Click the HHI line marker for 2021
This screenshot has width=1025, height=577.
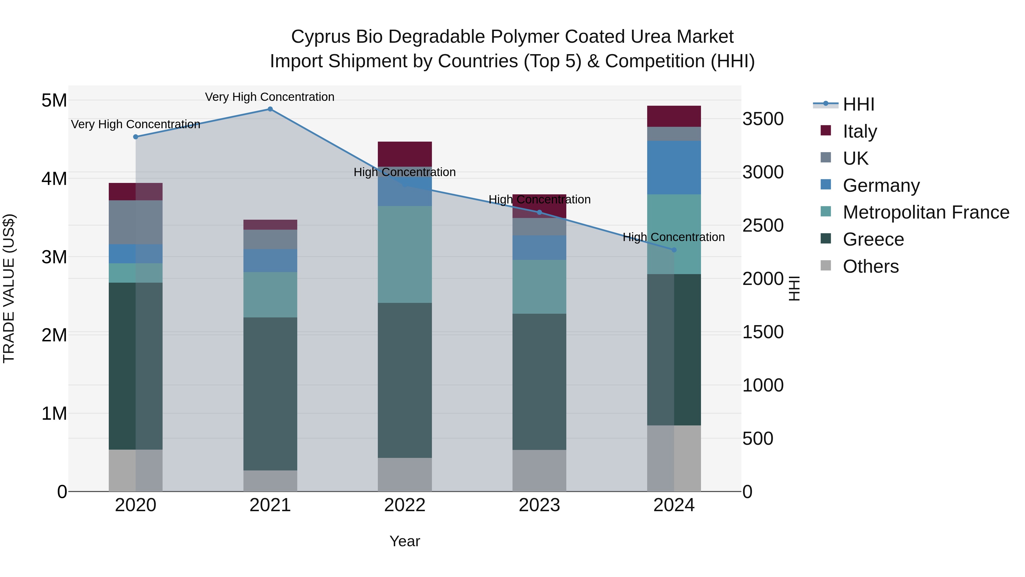coord(270,109)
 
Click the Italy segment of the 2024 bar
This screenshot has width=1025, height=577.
coord(674,116)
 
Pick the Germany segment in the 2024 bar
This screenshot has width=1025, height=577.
coord(674,168)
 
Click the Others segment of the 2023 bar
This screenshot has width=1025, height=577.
coord(539,471)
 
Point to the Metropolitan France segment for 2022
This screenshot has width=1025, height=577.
coord(405,254)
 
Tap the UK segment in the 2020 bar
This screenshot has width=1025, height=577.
coord(136,222)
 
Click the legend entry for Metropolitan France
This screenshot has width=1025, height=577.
coord(926,213)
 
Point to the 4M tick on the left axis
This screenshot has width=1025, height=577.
coord(54,179)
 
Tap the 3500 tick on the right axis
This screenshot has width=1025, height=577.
coord(763,119)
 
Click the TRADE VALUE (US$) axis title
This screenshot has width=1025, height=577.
coord(9,288)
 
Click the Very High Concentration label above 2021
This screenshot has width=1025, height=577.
coord(270,97)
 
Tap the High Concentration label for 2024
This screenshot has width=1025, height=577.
coord(674,237)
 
